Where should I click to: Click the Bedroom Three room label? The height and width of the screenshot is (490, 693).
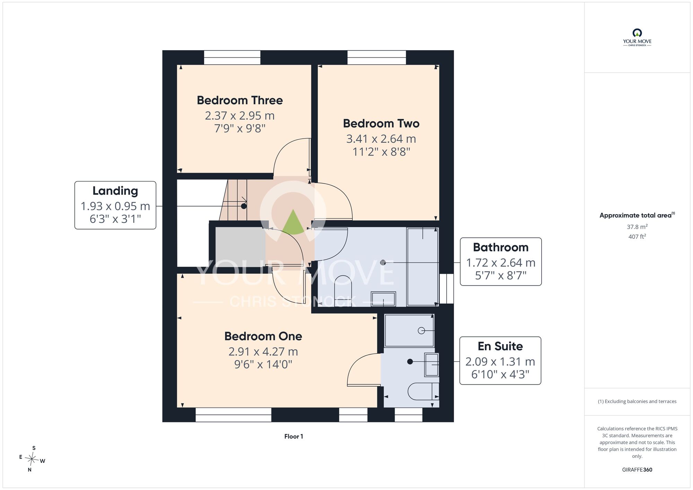click(240, 100)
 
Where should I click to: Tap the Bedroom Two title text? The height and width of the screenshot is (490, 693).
click(381, 123)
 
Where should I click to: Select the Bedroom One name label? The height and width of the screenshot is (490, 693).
click(263, 336)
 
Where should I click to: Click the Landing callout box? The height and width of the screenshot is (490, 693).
click(115, 205)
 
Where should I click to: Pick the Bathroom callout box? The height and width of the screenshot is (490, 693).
click(501, 262)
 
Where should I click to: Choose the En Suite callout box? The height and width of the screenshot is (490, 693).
click(500, 360)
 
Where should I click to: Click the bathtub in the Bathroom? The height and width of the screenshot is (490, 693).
click(423, 266)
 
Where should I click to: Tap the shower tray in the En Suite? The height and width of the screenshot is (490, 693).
click(409, 331)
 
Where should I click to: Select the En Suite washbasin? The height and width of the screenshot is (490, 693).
click(432, 365)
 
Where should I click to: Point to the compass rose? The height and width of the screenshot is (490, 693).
click(32, 460)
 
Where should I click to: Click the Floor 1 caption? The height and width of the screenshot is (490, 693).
click(293, 436)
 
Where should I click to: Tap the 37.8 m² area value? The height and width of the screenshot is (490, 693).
click(637, 227)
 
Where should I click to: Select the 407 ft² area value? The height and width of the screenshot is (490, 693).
click(637, 236)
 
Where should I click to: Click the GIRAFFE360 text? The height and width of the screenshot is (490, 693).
click(637, 470)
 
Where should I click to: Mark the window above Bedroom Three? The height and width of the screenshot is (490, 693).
click(232, 58)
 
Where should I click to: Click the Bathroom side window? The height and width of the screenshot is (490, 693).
click(447, 289)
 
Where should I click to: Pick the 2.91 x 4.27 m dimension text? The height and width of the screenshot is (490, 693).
click(263, 351)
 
